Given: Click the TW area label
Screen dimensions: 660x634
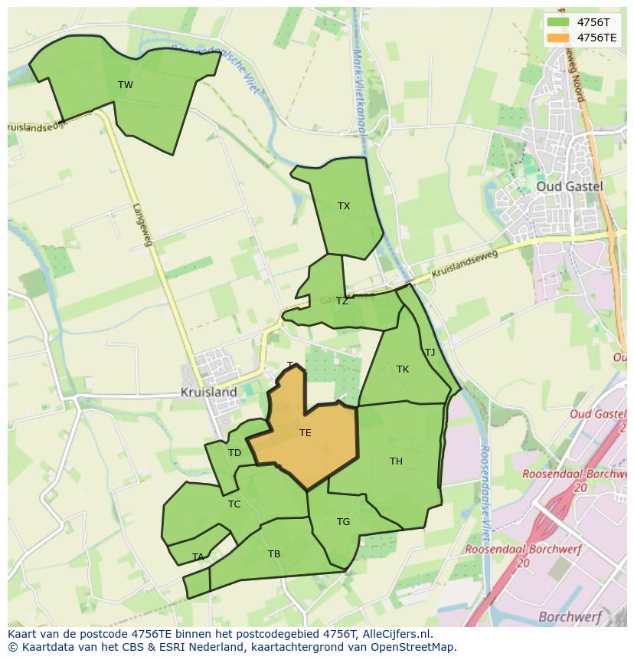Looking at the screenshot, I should (126, 85).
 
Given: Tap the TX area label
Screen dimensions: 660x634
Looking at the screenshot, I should (344, 206).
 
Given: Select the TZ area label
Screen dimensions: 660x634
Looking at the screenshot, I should (342, 301).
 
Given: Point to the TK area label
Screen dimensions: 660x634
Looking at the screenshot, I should (403, 369).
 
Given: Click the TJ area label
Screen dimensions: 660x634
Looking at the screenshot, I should (430, 353).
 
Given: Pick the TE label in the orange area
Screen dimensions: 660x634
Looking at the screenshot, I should (305, 433).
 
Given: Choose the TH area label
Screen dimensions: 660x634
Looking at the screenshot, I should (396, 461).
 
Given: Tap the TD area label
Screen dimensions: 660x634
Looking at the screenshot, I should (234, 453).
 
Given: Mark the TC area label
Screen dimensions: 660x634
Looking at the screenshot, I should (234, 504).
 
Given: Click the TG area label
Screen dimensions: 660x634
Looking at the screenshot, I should (343, 522).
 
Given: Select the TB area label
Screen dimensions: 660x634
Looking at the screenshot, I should (274, 554).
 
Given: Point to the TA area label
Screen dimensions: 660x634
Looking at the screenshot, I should (198, 557).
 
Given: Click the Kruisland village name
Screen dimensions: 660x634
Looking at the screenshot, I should (208, 392).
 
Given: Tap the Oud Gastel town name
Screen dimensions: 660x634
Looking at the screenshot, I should (569, 186).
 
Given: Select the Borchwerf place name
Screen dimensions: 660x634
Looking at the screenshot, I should (570, 616).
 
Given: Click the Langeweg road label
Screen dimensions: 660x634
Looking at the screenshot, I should (143, 224).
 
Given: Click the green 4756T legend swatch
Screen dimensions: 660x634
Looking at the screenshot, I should (558, 22).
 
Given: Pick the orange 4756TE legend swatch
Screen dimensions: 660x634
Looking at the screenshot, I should (558, 38).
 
